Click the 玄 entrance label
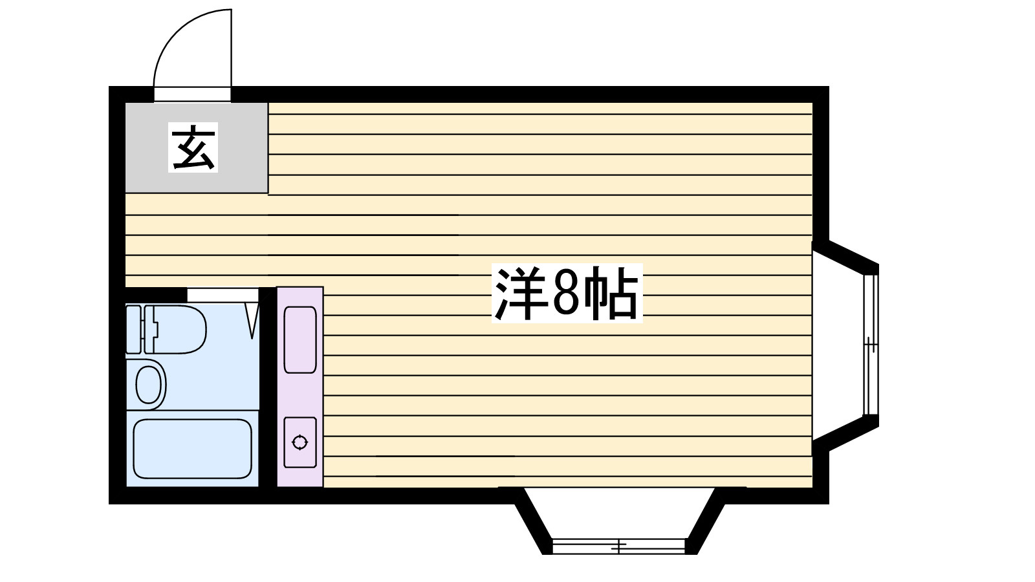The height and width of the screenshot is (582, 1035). pyautogui.click(x=193, y=147)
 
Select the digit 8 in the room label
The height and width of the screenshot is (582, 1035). pyautogui.click(x=565, y=295)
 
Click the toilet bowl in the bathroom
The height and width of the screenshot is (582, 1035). pyautogui.click(x=182, y=330)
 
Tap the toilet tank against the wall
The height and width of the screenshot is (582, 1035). pyautogui.click(x=133, y=330)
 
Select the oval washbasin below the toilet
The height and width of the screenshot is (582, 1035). pyautogui.click(x=149, y=385)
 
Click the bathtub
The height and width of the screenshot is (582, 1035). pyautogui.click(x=191, y=448)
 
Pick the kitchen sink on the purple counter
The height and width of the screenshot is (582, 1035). pyautogui.click(x=300, y=339)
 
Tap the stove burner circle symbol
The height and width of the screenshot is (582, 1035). pyautogui.click(x=300, y=443)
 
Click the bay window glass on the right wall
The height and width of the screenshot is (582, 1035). pyautogui.click(x=871, y=345)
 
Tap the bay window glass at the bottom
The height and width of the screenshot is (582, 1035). pyautogui.click(x=619, y=546)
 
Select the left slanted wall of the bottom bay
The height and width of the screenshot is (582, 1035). pyautogui.click(x=534, y=521)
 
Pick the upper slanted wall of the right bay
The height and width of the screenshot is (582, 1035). pyautogui.click(x=853, y=255)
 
